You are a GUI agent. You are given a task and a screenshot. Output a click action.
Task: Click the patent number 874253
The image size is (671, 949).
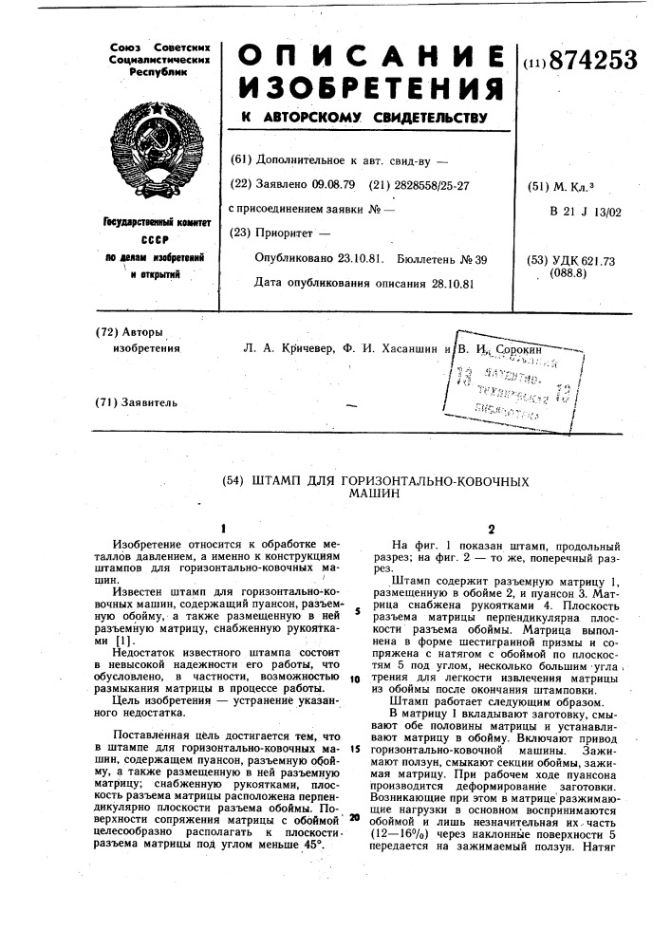point(589,62)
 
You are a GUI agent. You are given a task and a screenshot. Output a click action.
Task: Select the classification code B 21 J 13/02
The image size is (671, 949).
point(585,212)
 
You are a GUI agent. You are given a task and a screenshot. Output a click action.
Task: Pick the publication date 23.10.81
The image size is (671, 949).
point(353,259)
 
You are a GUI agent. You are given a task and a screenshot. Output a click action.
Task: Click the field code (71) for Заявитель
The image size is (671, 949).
point(108,403)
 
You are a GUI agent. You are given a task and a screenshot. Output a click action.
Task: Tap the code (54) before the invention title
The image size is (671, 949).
point(233,481)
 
